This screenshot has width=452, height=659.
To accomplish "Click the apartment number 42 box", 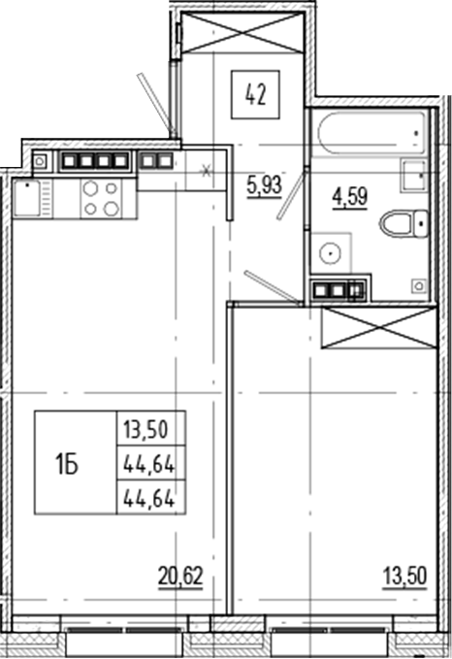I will [256, 95].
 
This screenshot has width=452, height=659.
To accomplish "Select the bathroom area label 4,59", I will [349, 197].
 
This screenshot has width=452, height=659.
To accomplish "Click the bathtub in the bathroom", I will [368, 128].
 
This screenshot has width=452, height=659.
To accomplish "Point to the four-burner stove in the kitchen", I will [100, 198].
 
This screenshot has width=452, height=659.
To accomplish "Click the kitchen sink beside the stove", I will [31, 198].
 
